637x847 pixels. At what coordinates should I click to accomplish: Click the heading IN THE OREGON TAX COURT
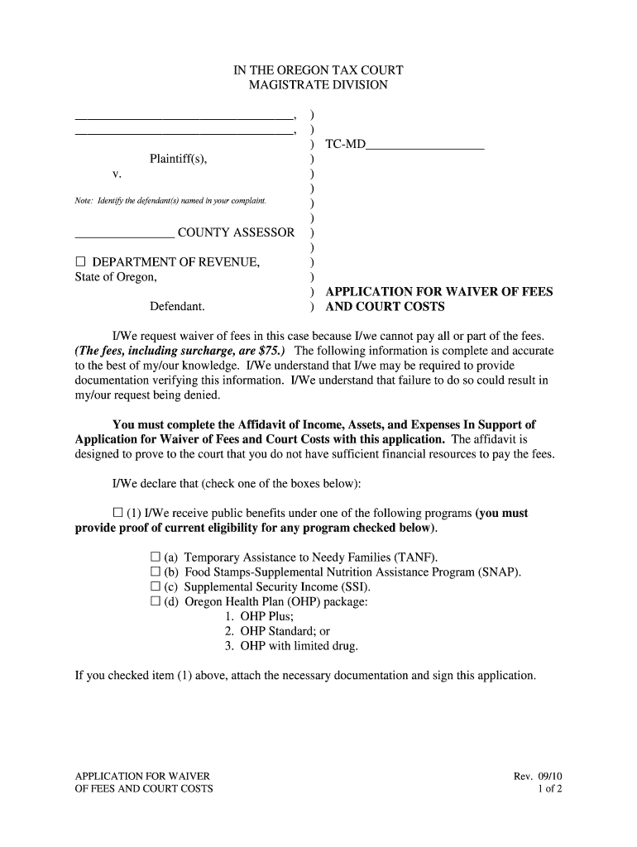[318, 70]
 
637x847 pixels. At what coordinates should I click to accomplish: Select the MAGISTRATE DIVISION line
[318, 85]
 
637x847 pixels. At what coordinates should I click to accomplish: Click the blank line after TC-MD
[424, 147]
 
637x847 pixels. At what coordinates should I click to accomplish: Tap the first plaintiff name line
[184, 117]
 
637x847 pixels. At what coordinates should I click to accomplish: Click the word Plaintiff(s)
[178, 159]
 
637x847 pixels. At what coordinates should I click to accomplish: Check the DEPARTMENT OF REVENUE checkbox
[81, 263]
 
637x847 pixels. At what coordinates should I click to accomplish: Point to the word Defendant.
[177, 307]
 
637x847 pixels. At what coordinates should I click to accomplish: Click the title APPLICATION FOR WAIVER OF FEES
[439, 292]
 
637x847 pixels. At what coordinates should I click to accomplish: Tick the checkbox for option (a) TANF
[155, 557]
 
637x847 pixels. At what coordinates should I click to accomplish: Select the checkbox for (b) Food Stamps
[155, 572]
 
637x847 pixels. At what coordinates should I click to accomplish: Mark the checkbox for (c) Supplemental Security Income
[155, 586]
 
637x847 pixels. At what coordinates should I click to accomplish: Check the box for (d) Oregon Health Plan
[155, 601]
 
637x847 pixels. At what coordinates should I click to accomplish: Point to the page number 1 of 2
[549, 788]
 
